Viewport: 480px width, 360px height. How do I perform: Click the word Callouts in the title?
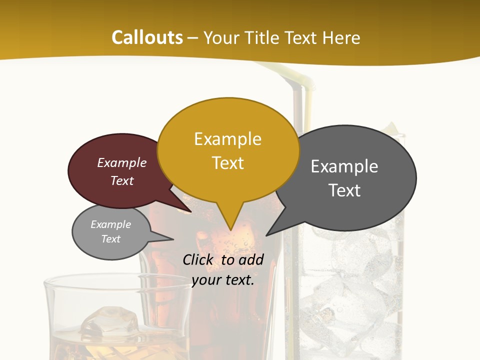(x=147, y=37)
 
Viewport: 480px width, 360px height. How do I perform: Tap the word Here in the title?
(x=340, y=38)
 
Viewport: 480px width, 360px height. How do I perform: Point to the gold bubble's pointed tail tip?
(x=230, y=229)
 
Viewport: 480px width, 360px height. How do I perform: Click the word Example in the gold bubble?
(x=228, y=139)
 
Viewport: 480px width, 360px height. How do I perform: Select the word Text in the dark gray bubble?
(x=344, y=190)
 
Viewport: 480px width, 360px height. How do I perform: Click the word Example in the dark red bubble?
(x=122, y=163)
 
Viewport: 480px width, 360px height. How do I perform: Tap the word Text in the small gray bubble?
(x=111, y=239)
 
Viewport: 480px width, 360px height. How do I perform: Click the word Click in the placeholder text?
(x=198, y=260)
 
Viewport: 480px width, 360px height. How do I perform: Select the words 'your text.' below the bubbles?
(x=223, y=280)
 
